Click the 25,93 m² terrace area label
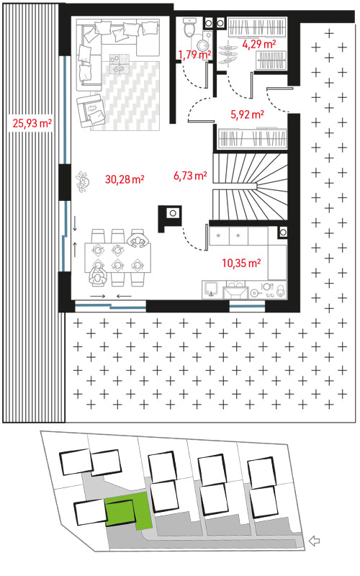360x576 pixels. coord(32,123)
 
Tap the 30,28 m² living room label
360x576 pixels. coord(125,179)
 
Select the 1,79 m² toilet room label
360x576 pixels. coord(194,55)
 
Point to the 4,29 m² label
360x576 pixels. coord(259,44)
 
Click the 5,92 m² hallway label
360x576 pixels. coord(247,114)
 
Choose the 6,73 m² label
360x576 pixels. coord(190,176)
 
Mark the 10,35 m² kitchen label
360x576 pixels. coord(241,263)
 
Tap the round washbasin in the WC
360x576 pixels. coord(203,45)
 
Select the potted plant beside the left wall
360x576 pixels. coord(83,181)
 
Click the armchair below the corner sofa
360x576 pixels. coord(91,110)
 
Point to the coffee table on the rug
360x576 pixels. coord(120,63)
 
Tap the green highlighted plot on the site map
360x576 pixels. coord(128,513)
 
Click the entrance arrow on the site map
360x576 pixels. coord(314,541)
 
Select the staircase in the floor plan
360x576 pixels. coord(250,186)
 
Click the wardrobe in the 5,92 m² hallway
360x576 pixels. coord(253,138)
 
